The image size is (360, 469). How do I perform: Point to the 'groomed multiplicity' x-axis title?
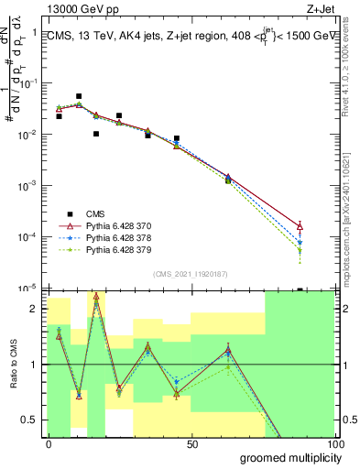285,456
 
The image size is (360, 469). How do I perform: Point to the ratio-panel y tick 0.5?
32,420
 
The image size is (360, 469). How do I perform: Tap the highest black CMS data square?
79,96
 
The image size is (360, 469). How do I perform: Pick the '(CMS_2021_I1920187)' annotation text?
190,274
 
